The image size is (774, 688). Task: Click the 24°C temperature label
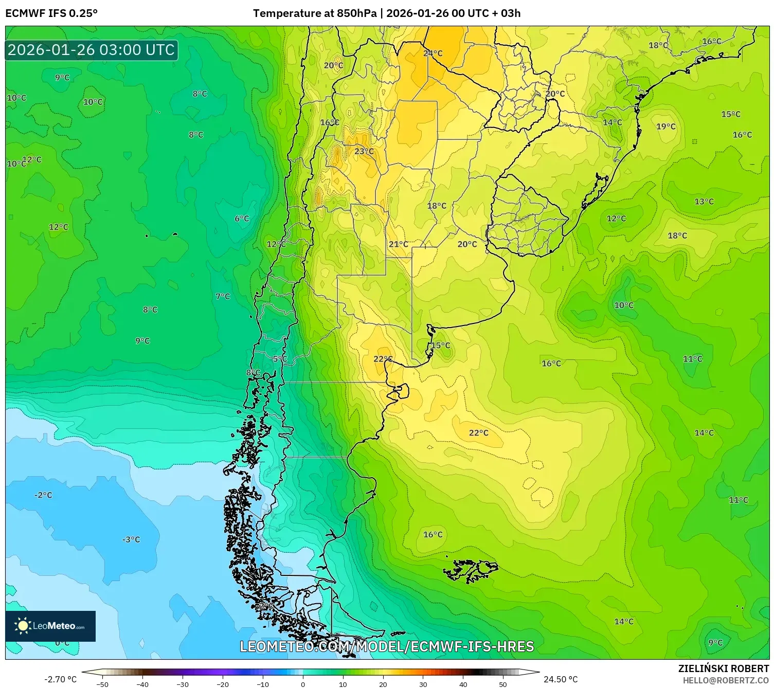(433, 53)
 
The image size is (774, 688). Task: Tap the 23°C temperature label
(364, 151)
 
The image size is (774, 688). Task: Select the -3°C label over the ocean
(131, 539)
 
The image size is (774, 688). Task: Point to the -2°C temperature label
(43, 495)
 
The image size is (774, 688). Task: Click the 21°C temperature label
(398, 244)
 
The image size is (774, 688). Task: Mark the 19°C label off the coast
(665, 126)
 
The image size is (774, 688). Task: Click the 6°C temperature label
(242, 219)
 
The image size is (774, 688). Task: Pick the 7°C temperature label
(223, 296)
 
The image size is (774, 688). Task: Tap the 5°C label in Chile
(280, 359)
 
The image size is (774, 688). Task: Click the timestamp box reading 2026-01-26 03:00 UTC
(92, 50)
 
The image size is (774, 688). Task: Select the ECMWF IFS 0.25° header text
(51, 13)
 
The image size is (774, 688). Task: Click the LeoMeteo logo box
(50, 626)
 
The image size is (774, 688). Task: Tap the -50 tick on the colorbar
(102, 684)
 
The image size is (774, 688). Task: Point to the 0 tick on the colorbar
(302, 684)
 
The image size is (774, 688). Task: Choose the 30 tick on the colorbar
(423, 684)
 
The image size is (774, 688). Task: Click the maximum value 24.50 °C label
(561, 679)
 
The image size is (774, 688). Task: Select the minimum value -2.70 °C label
(60, 679)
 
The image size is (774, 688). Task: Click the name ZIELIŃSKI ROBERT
(723, 668)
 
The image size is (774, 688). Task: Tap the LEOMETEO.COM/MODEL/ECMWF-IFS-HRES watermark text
(387, 646)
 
